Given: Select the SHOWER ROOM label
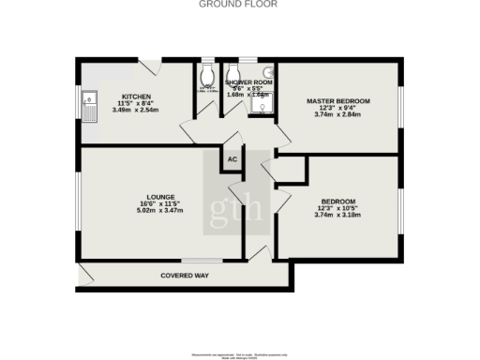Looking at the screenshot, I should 247,82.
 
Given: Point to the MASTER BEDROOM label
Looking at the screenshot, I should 338,100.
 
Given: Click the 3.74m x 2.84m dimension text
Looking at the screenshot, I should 338,115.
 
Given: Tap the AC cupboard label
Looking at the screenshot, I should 232,159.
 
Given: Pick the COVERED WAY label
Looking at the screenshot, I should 184,276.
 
